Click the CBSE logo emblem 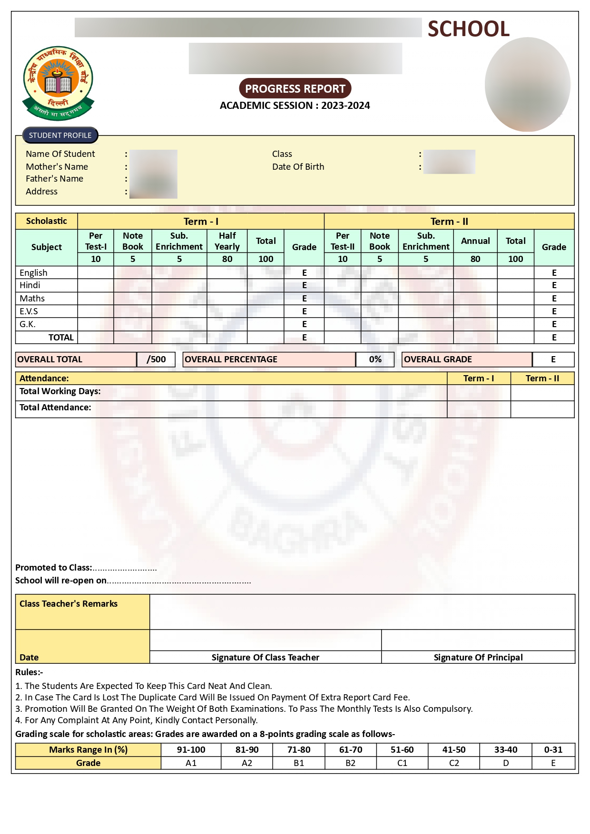(58, 83)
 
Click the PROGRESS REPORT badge (295, 89)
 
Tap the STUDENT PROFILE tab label (60, 136)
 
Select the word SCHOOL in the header (468, 29)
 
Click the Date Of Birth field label (298, 167)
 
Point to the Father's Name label (54, 179)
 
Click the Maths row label (32, 299)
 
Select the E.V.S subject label (29, 311)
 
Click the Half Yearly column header (227, 241)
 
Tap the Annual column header (475, 241)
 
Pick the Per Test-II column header (342, 241)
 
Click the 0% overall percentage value (375, 359)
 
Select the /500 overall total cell (156, 359)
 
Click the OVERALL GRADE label (438, 359)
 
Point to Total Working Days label (60, 391)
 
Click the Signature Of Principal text (478, 657)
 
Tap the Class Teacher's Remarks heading (69, 604)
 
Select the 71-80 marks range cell (299, 750)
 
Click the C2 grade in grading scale (454, 763)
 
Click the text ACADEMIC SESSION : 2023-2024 (295, 106)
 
